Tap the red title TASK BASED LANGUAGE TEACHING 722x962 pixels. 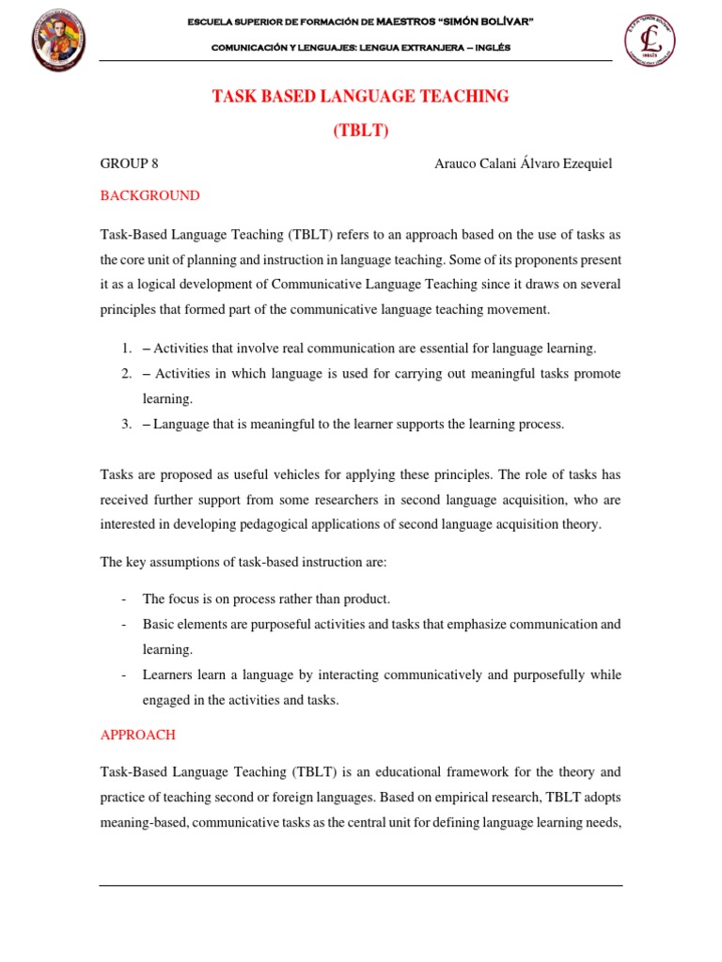point(361,97)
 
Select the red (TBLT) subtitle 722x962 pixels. point(361,131)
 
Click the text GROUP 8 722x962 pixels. point(129,163)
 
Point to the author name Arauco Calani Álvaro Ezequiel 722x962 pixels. point(523,163)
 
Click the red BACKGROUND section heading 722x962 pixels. point(149,195)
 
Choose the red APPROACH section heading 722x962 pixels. point(137,735)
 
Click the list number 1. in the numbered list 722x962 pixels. point(126,349)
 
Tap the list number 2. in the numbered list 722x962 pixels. point(126,374)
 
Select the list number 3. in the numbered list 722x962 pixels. point(126,425)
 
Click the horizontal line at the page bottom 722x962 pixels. point(361,885)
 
